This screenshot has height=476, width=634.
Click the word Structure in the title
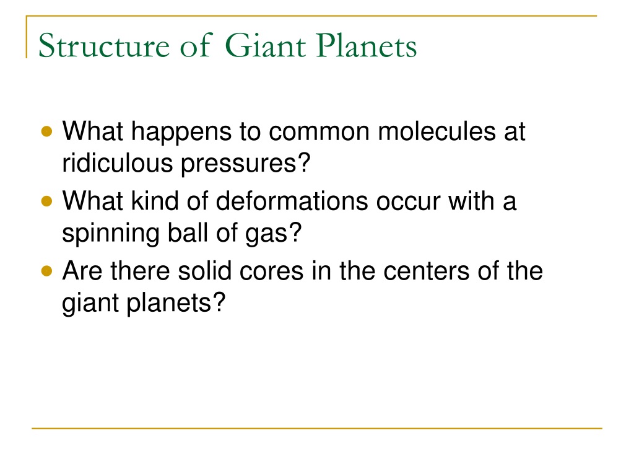point(104,45)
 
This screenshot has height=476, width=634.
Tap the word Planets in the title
point(367,45)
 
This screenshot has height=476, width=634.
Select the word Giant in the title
point(265,45)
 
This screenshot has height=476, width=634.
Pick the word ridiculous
point(117,163)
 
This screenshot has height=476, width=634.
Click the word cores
point(271,273)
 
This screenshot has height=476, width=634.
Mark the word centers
point(426,272)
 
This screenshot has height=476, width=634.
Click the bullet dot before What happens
point(47,131)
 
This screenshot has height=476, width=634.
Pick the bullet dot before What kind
point(47,201)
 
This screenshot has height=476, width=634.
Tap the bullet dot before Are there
point(47,271)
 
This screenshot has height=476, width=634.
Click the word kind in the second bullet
point(154,201)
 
